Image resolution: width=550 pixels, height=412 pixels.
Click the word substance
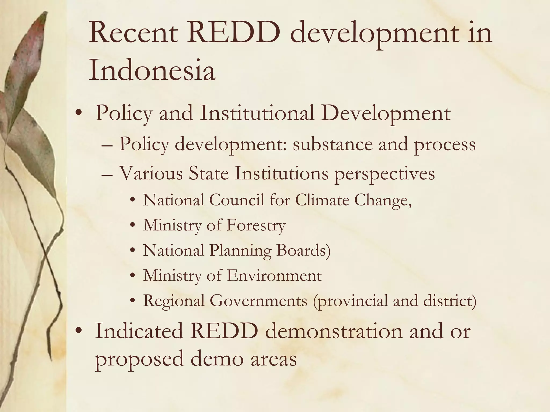pyautogui.click(x=332, y=144)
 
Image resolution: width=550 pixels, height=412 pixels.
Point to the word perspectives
pyautogui.click(x=384, y=173)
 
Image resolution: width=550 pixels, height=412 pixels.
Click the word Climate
pyautogui.click(x=322, y=200)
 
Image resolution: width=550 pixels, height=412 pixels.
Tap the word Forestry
pyautogui.click(x=256, y=225)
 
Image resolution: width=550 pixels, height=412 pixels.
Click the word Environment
pyautogui.click(x=274, y=275)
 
